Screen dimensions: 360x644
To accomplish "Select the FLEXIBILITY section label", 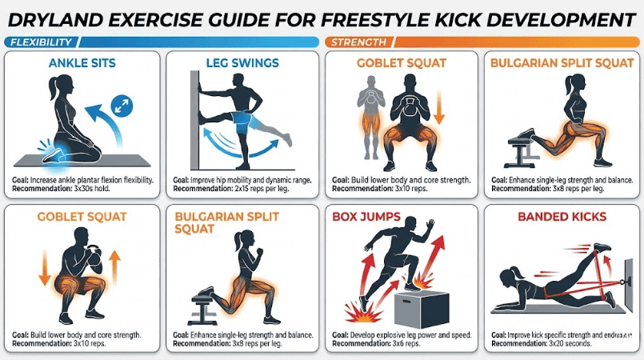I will point(40,42).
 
